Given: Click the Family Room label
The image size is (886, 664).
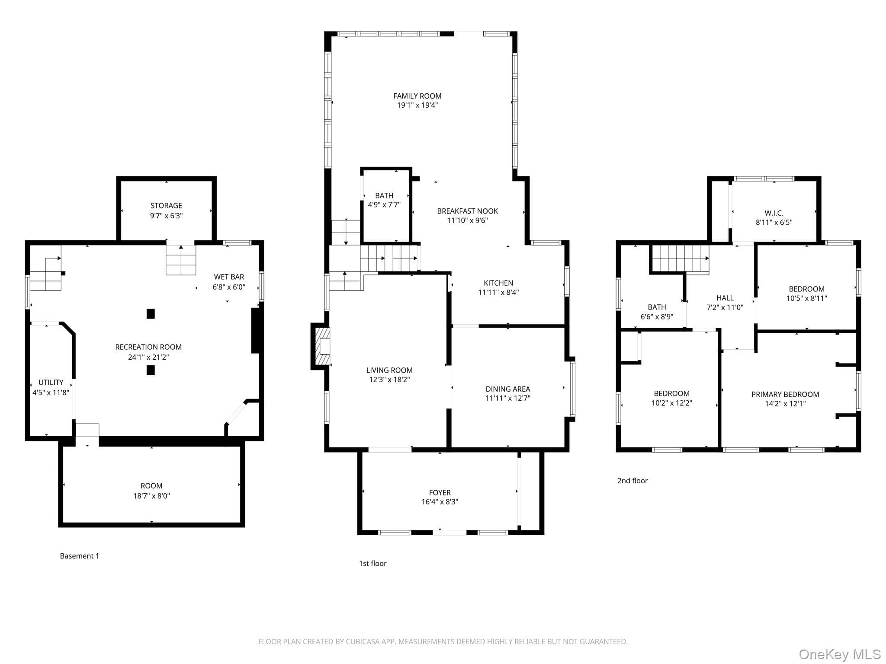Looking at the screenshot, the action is pyautogui.click(x=417, y=96).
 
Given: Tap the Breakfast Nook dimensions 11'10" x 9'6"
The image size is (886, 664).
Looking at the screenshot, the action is pyautogui.click(x=467, y=220).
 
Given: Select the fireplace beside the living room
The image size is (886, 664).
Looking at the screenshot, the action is pyautogui.click(x=321, y=347).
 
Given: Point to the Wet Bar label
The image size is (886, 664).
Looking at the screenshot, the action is pyautogui.click(x=229, y=277).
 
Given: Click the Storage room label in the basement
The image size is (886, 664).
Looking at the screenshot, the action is pyautogui.click(x=166, y=206).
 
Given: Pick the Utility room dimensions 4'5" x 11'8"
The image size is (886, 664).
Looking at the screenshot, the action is pyautogui.click(x=51, y=393).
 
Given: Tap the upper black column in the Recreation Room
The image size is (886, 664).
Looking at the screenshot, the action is pyautogui.click(x=151, y=313).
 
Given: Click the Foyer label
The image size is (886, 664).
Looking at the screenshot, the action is pyautogui.click(x=440, y=493).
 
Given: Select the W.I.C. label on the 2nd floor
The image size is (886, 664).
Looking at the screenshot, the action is pyautogui.click(x=774, y=213).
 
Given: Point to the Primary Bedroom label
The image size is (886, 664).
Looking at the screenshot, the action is pyautogui.click(x=785, y=394).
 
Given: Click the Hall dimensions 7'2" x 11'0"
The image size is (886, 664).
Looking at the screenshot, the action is pyautogui.click(x=725, y=307).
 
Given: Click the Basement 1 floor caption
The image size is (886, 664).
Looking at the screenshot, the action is pyautogui.click(x=80, y=556).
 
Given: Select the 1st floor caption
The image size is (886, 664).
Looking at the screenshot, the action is pyautogui.click(x=372, y=563).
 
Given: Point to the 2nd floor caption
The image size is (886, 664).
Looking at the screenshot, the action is pyautogui.click(x=632, y=481).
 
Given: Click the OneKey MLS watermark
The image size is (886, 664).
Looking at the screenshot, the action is pyautogui.click(x=840, y=654).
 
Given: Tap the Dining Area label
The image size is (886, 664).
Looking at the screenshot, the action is pyautogui.click(x=507, y=389).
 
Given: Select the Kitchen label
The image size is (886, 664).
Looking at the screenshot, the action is pyautogui.click(x=498, y=283).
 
